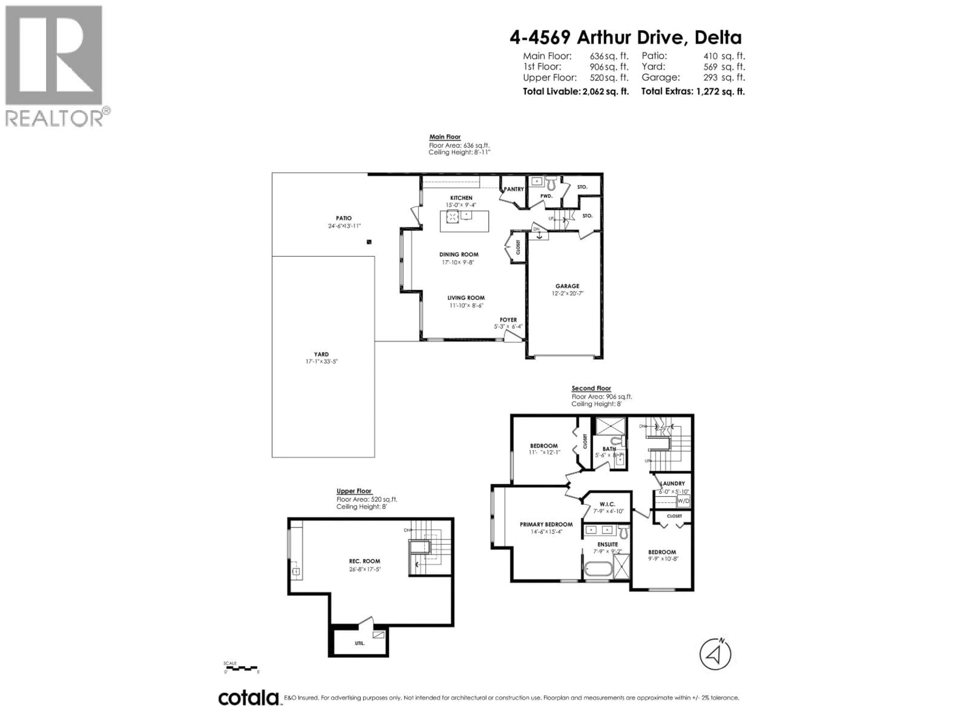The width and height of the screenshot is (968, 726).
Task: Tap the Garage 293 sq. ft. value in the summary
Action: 693,77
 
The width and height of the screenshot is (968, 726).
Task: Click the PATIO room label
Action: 344,218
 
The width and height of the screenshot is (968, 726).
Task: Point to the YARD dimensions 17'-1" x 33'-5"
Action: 322,361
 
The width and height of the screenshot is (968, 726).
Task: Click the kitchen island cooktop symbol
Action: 452,216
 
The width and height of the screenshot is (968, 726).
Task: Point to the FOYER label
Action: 508,320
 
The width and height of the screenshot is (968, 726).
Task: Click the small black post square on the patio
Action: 369,241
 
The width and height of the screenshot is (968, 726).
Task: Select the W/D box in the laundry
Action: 683,501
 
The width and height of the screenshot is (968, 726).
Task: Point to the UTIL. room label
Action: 360,643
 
